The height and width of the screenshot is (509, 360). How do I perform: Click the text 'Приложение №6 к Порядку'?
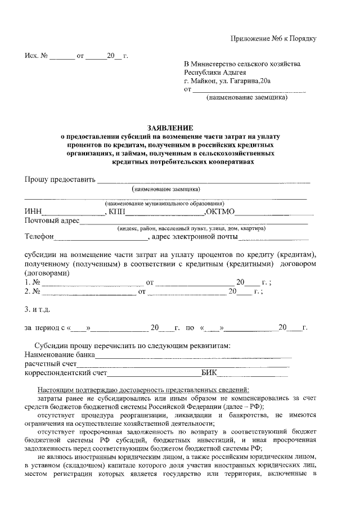[x=274, y=38]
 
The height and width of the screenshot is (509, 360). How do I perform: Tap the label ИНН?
[x=33, y=211]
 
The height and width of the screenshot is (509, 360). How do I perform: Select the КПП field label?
[x=116, y=211]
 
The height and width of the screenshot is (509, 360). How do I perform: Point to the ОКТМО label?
[x=223, y=211]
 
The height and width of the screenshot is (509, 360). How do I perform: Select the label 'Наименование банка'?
[x=59, y=355]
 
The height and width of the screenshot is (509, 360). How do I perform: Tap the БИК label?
[x=209, y=373]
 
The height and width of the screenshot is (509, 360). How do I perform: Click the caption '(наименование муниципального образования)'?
[x=164, y=204]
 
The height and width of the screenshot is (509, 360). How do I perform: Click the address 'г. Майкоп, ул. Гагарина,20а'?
[x=227, y=82]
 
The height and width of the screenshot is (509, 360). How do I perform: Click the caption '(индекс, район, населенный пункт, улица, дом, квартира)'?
[x=191, y=228]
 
